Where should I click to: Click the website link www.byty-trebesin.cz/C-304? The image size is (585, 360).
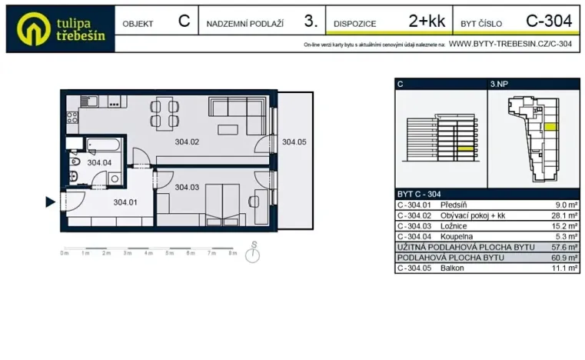click(510, 45)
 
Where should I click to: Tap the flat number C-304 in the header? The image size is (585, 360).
click(548, 22)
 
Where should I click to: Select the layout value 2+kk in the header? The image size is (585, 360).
click(427, 22)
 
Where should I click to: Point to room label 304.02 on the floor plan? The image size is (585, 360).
click(187, 142)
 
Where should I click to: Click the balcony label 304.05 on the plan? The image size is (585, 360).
click(294, 142)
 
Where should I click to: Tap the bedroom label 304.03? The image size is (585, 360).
click(187, 187)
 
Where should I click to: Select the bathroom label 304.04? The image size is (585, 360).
click(99, 163)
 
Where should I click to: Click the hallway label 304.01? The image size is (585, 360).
click(125, 203)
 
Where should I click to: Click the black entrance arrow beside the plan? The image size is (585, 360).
click(50, 202)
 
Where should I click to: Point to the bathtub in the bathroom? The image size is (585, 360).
click(101, 145)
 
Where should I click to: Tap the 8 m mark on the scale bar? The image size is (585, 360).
click(233, 253)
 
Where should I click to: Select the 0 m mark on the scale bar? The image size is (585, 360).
click(65, 253)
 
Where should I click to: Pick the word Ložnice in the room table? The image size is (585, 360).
click(454, 227)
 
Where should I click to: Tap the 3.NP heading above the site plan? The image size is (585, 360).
click(498, 84)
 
